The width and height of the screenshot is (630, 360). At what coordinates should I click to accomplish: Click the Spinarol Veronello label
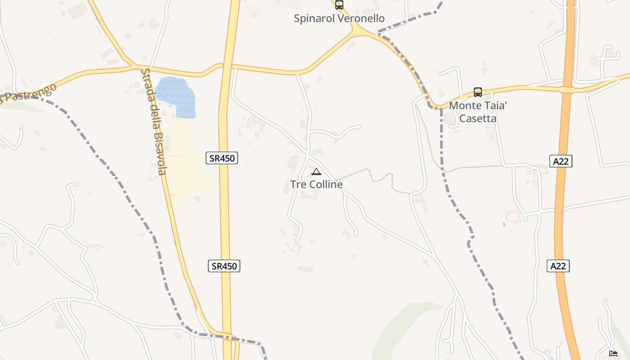(x=339, y=18)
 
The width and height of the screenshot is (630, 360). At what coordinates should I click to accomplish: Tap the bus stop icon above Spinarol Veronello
(x=339, y=5)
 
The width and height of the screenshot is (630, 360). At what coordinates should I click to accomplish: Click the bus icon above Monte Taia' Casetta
(x=478, y=92)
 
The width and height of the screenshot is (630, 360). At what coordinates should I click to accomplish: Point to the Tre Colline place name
(x=316, y=184)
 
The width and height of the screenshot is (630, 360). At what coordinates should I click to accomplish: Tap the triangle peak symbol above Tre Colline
(x=316, y=171)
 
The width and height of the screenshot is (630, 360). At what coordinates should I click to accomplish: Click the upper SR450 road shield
(x=222, y=158)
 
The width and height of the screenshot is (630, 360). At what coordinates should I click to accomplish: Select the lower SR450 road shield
(x=225, y=266)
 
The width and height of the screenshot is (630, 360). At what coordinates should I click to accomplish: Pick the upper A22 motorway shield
(x=561, y=161)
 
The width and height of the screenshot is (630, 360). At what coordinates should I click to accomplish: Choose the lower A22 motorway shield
(x=558, y=266)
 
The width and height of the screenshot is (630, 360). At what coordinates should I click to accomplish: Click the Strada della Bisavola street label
(x=154, y=121)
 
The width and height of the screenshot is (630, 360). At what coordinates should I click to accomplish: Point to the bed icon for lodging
(x=613, y=354)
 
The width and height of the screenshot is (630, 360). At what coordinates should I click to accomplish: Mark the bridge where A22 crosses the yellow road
(x=567, y=90)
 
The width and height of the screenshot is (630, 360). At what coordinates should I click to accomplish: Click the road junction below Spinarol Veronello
(x=358, y=31)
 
